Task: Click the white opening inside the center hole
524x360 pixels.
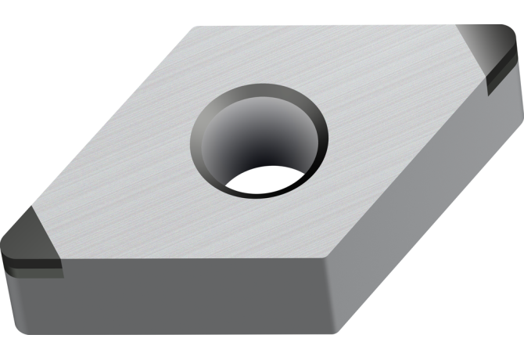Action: [262, 181]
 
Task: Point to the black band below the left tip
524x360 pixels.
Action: [31, 266]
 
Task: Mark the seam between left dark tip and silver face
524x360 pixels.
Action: [47, 231]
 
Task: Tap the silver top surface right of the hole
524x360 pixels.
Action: [391, 117]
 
